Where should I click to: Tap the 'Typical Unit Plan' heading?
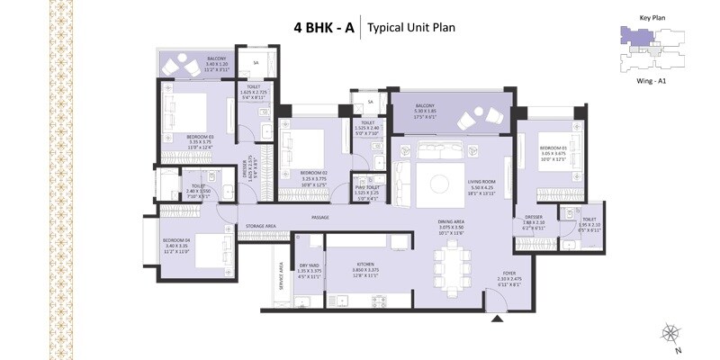411,27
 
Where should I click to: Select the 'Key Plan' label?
651,17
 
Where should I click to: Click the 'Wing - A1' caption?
652,82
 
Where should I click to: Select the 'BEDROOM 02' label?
312,172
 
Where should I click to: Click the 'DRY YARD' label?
310,265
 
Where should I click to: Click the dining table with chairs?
452,268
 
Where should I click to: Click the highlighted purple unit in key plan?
634,36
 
